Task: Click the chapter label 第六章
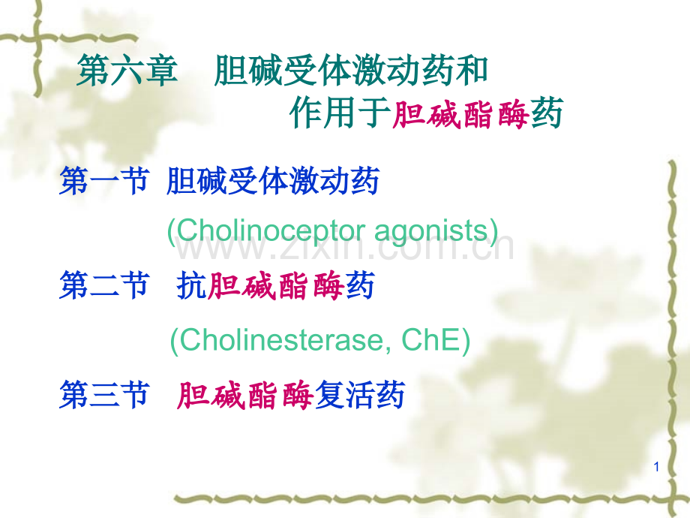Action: coord(127,71)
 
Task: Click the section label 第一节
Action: coord(104,181)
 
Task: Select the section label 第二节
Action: coord(104,285)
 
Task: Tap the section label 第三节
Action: coord(104,395)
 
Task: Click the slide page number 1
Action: coord(656,467)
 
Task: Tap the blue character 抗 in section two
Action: coord(192,286)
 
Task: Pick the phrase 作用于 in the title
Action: coord(340,113)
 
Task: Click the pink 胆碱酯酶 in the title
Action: coord(460,114)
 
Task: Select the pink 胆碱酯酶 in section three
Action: coord(245,395)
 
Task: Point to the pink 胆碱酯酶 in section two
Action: coord(275,286)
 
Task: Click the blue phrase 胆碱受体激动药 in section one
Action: coord(273,181)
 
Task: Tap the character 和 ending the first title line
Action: coord(472,71)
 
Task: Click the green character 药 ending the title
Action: coord(547,113)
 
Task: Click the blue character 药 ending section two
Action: coord(360,286)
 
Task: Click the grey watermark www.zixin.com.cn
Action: coord(344,248)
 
